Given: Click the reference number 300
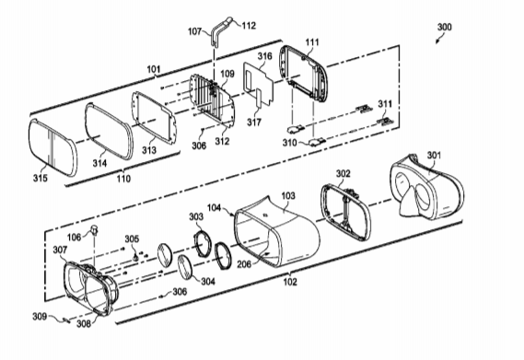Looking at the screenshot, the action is click(x=445, y=27).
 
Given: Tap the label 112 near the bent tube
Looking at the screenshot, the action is click(x=249, y=26).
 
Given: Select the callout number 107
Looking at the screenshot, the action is click(x=195, y=31).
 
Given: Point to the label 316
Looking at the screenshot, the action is click(x=264, y=56).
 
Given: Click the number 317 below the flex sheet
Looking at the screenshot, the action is click(x=254, y=122).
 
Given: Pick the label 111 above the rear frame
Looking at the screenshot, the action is click(x=312, y=42).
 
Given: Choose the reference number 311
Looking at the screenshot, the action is click(x=385, y=104).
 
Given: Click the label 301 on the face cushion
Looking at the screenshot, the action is click(x=435, y=155).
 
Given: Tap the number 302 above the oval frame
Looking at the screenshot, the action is click(x=344, y=173).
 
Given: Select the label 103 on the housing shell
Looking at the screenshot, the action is click(x=288, y=195).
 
